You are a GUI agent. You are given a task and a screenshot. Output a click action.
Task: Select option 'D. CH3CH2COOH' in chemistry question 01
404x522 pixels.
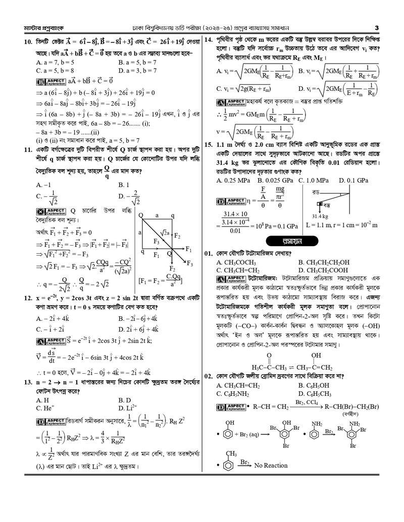coord(323,270)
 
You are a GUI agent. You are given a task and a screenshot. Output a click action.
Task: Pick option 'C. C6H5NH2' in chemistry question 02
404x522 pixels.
coord(234,393)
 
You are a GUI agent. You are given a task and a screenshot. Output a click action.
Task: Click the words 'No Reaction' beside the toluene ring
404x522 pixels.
coord(271,466)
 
